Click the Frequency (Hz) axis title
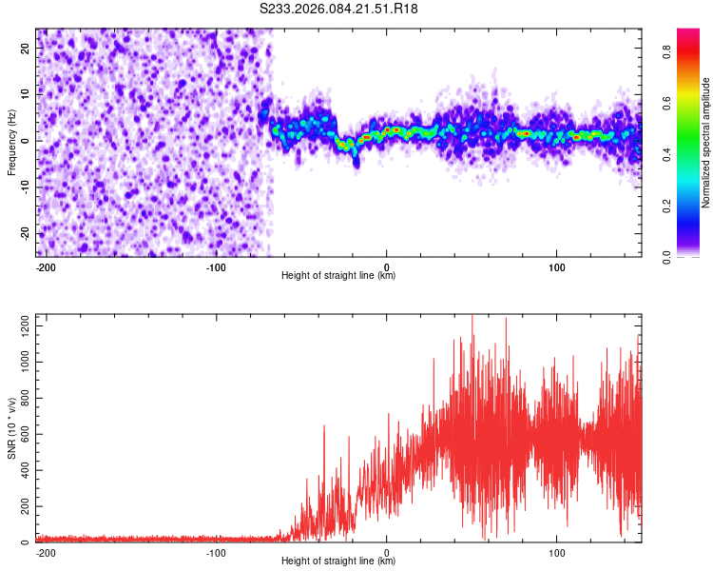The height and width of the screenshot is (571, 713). (x=11, y=142)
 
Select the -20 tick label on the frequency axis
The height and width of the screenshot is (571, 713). (x=25, y=233)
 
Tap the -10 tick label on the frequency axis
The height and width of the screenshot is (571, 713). (x=25, y=187)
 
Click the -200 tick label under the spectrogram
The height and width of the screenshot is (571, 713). (x=46, y=266)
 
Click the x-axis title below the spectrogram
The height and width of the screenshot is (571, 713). (x=338, y=276)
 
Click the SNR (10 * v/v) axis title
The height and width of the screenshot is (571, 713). (x=11, y=428)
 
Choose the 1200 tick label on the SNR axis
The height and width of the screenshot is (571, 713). (x=20, y=325)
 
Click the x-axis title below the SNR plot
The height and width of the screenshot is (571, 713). (x=338, y=562)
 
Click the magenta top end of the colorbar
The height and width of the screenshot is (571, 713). (x=688, y=32)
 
